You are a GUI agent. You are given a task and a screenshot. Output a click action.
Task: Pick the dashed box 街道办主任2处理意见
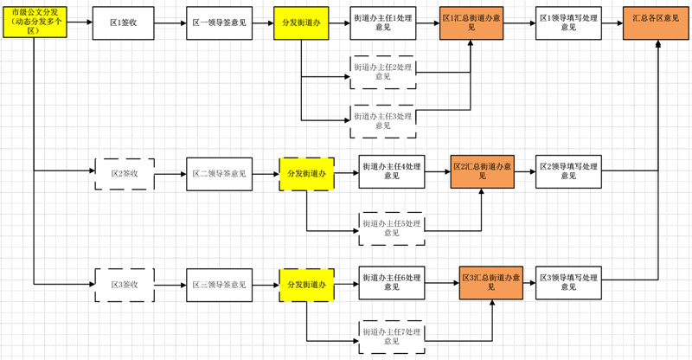(382, 72)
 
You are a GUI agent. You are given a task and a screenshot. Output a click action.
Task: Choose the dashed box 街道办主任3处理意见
(382, 119)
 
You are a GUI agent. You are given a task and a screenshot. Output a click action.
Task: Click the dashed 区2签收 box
(124, 174)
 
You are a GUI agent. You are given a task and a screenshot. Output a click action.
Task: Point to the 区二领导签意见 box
(218, 174)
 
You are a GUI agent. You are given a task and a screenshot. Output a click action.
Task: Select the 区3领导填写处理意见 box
(567, 282)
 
